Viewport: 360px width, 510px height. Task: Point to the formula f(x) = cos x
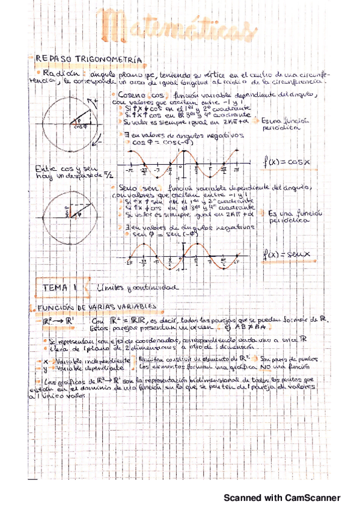(x=287, y=162)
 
